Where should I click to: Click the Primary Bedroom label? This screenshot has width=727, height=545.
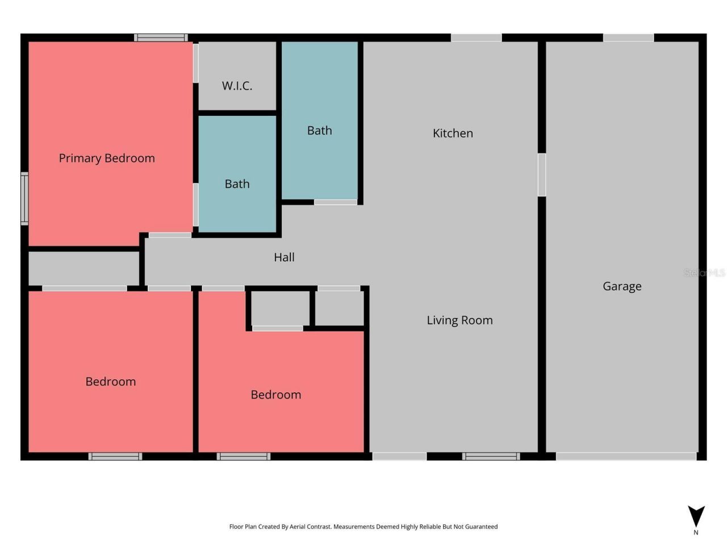click(107, 158)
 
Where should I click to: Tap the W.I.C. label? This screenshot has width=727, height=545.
click(237, 86)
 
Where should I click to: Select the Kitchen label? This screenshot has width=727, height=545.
click(453, 133)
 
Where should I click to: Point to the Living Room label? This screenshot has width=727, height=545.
click(459, 320)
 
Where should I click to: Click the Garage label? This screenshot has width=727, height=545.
click(622, 286)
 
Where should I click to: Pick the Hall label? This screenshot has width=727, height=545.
click(284, 257)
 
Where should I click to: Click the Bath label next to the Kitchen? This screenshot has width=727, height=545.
click(319, 131)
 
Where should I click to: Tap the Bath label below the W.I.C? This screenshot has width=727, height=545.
click(237, 184)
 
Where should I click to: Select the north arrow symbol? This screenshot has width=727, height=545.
click(696, 515)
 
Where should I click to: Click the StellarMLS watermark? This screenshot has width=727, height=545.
click(704, 273)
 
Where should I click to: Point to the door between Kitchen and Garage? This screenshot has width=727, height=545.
click(542, 175)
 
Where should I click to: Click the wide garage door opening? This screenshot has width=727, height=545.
click(626, 456)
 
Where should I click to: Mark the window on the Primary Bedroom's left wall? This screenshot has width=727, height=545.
click(24, 199)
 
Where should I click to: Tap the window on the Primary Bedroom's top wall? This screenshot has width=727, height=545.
click(161, 38)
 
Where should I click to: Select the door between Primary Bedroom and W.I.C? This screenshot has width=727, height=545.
click(196, 63)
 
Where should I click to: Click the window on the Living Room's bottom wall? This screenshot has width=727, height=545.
click(491, 456)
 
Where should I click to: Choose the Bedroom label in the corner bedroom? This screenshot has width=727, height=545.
click(111, 381)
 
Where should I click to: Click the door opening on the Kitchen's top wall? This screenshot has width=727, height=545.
click(476, 38)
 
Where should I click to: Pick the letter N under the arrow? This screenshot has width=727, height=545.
click(696, 533)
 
